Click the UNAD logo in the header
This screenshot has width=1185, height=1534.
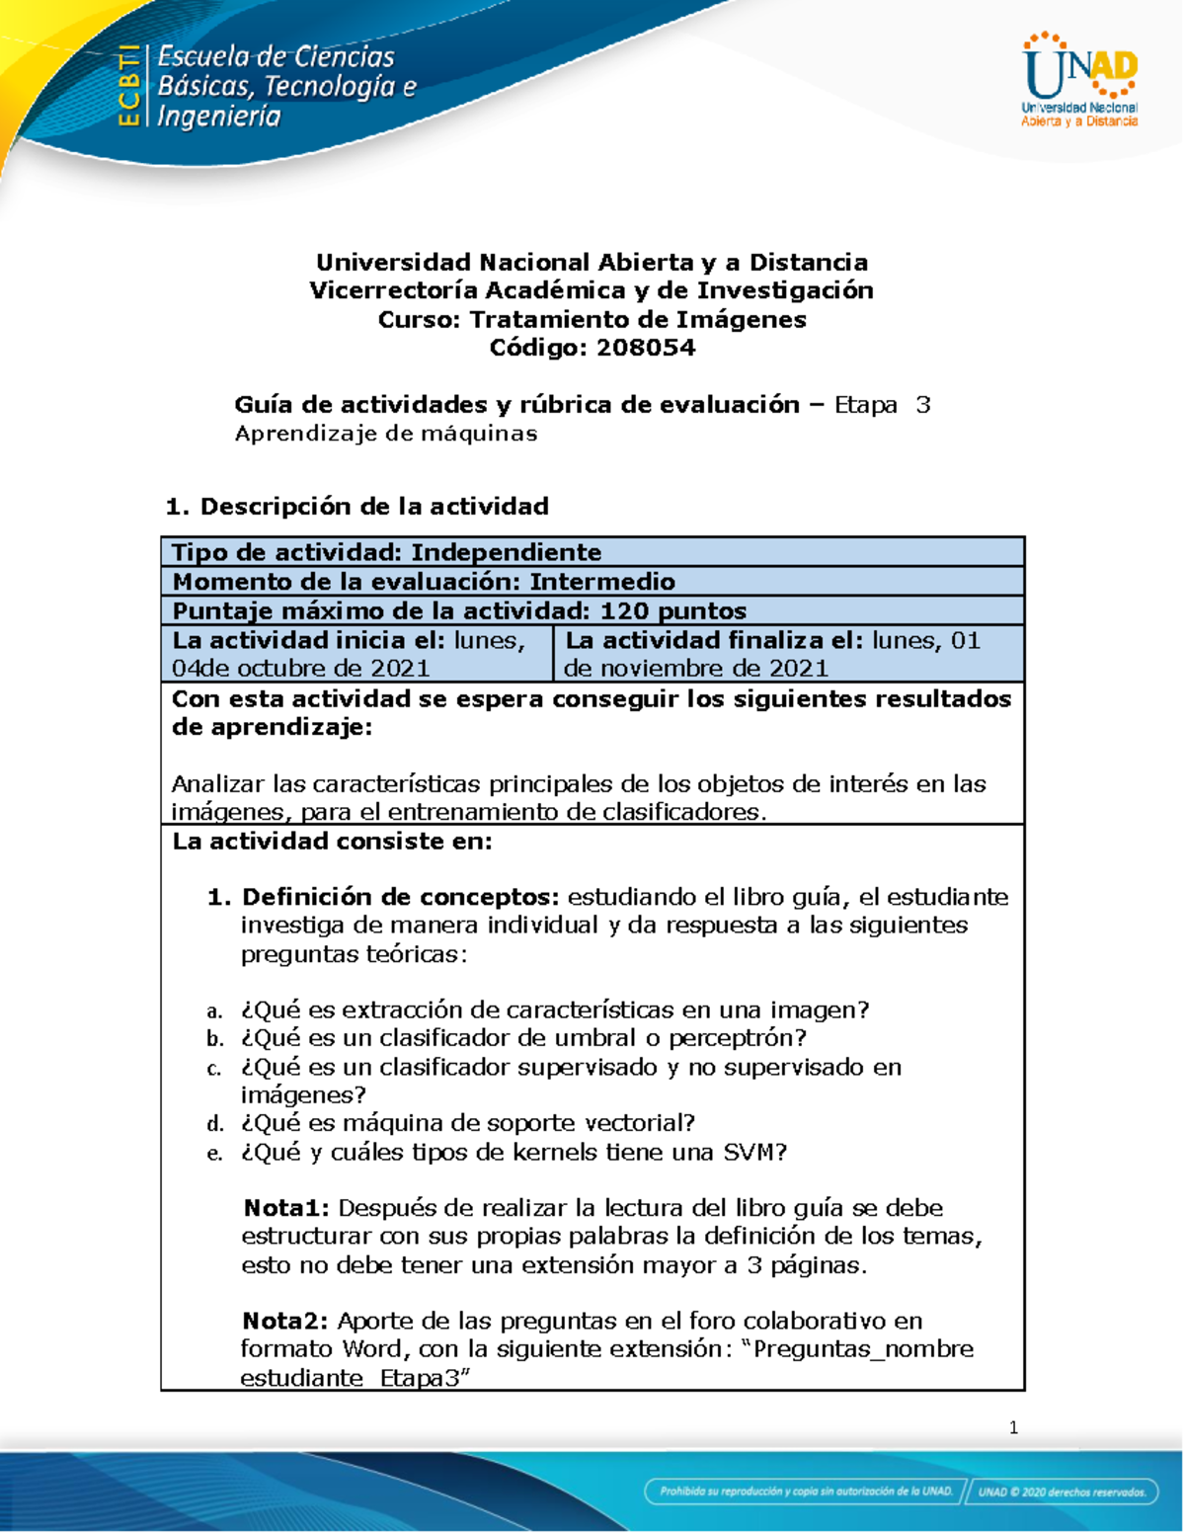pos(1079,81)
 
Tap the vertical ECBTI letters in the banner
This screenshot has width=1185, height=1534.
pos(127,86)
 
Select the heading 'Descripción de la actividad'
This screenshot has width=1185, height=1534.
pos(373,507)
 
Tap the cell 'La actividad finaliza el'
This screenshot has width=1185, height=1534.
pos(787,654)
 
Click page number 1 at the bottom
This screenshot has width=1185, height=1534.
pos(1013,1427)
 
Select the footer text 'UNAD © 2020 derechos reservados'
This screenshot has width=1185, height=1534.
pos(1063,1492)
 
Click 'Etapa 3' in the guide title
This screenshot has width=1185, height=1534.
pos(882,405)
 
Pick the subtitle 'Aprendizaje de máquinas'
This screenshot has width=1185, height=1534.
pos(385,434)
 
